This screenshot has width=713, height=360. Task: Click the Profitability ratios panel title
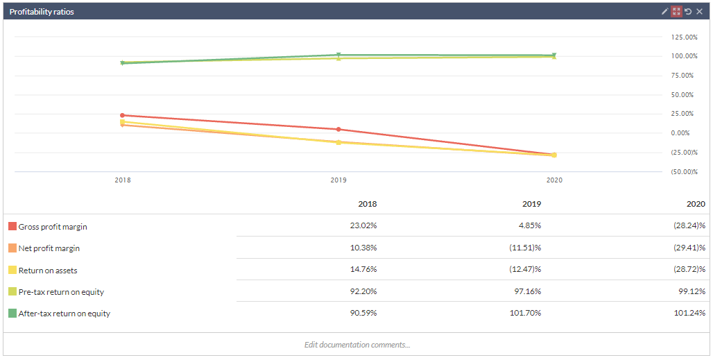pyautogui.click(x=42, y=12)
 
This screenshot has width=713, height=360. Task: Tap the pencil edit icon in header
pyautogui.click(x=664, y=12)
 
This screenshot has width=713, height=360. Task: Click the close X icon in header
pyautogui.click(x=700, y=12)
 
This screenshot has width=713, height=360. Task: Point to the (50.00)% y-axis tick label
pyautogui.click(x=684, y=171)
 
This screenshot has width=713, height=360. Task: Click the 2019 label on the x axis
pyautogui.click(x=338, y=180)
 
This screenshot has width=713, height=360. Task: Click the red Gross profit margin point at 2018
pyautogui.click(x=123, y=115)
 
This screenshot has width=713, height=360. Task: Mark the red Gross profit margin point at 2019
pyautogui.click(x=338, y=129)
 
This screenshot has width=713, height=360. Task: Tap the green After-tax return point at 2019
pyautogui.click(x=338, y=55)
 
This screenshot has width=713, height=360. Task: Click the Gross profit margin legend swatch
pyautogui.click(x=12, y=227)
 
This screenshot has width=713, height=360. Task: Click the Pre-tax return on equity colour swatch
pyautogui.click(x=12, y=292)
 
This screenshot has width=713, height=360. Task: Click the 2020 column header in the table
pyautogui.click(x=696, y=204)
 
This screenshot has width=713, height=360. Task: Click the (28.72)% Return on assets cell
pyautogui.click(x=691, y=270)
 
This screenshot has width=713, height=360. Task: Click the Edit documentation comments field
pyautogui.click(x=356, y=345)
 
